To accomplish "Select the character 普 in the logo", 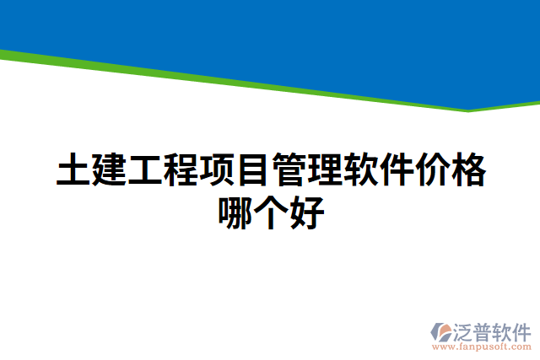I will (482, 331).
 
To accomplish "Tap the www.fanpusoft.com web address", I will (481, 347).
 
